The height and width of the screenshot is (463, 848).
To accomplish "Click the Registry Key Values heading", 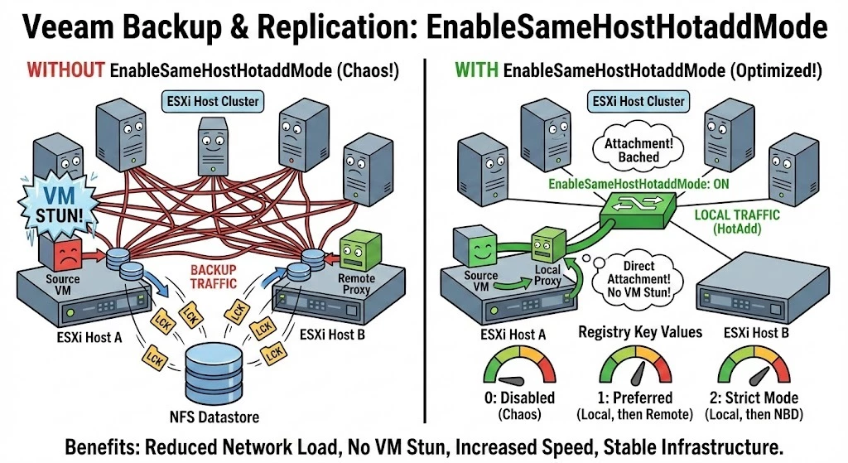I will [629, 333].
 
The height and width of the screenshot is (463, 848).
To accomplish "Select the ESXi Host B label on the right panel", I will [750, 334].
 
